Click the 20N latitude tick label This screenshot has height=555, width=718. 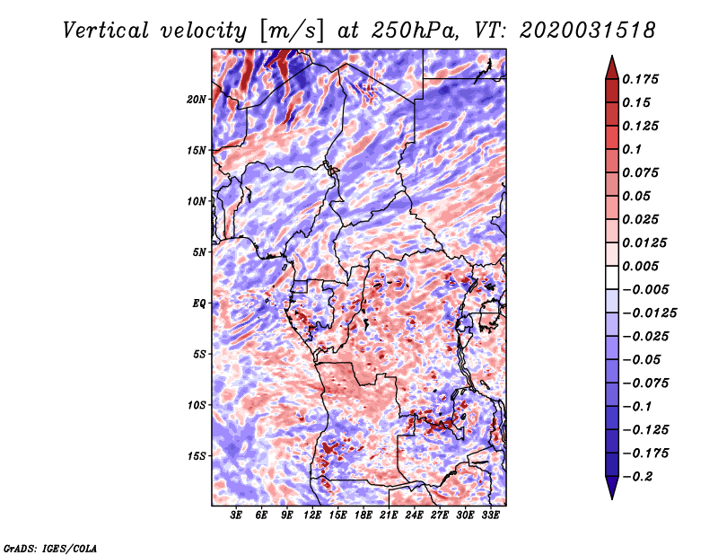(x=197, y=100)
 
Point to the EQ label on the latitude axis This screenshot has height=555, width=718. (x=199, y=304)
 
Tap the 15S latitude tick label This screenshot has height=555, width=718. (x=197, y=456)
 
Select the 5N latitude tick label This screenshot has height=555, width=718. (x=199, y=252)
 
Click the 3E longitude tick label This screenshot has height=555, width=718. (x=236, y=515)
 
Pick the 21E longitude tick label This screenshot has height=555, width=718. (x=389, y=515)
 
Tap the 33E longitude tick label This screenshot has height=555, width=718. (x=490, y=515)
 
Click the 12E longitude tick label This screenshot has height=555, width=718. (x=312, y=515)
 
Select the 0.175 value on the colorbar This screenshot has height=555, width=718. (x=640, y=79)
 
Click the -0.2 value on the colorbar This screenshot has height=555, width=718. (x=637, y=477)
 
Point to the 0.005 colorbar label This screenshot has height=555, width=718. (x=640, y=266)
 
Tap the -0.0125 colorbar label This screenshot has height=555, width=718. (x=649, y=313)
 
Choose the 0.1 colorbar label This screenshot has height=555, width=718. (x=632, y=149)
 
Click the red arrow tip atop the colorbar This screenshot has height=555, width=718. (x=612, y=57)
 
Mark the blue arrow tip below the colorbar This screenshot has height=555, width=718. (x=612, y=498)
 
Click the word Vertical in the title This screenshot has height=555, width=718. (x=106, y=31)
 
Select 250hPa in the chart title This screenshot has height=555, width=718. (x=414, y=31)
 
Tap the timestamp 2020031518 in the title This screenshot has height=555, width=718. (x=587, y=31)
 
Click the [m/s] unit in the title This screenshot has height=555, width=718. (x=292, y=31)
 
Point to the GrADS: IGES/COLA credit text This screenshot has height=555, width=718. (x=50, y=548)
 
